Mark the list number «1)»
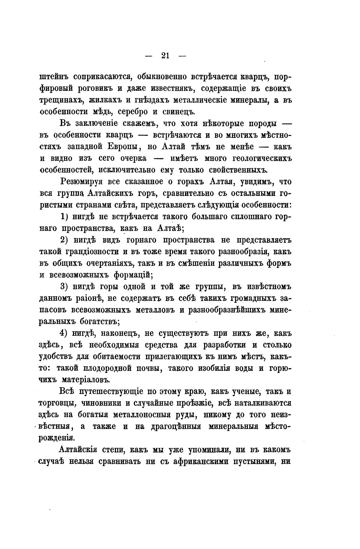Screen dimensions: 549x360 click(x=64, y=217)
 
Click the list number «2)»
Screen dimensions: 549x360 click(x=64, y=240)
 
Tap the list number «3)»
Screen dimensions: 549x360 click(x=64, y=286)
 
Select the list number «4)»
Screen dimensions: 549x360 click(x=64, y=333)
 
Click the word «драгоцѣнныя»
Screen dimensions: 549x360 click(x=171, y=426)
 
